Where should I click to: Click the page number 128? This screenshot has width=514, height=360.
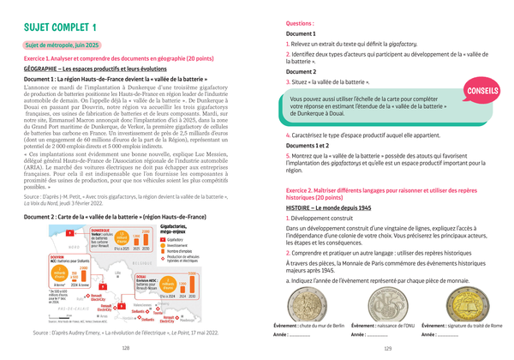126,348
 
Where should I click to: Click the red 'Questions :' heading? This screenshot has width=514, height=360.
300,25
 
